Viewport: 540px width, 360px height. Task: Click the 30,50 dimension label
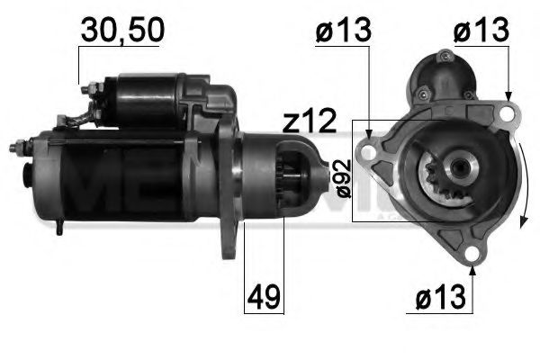point(121,30)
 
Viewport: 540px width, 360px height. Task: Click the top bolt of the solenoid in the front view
point(442,57)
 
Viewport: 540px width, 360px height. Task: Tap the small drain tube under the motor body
point(58,228)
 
